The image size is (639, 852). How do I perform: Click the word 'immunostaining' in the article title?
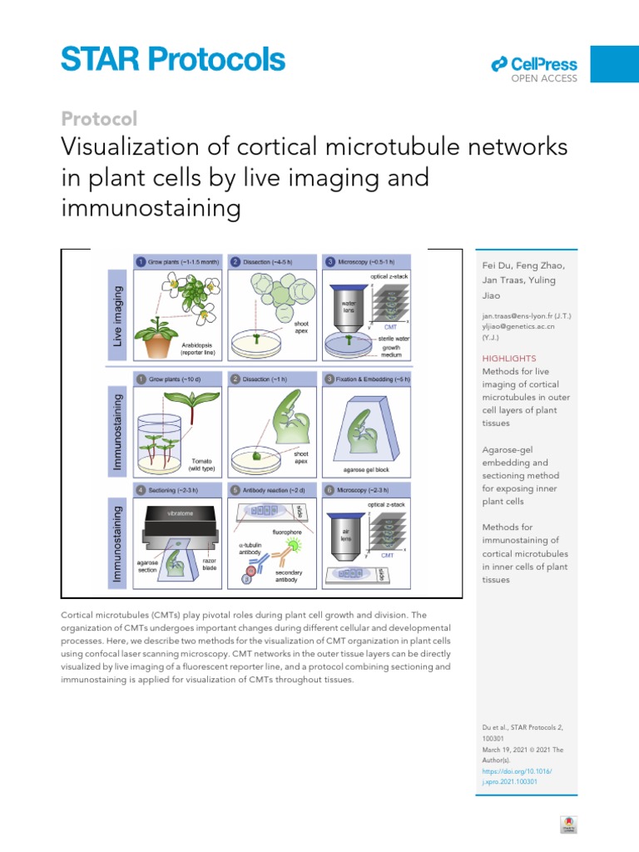coord(151,208)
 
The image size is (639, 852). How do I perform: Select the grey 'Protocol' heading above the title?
coord(99,119)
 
